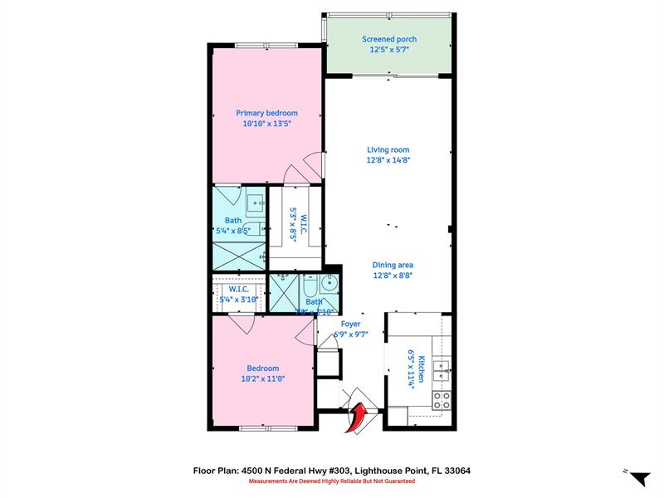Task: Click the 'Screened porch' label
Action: click(x=389, y=39)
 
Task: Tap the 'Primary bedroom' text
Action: click(x=266, y=113)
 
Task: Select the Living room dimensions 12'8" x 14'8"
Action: click(x=389, y=160)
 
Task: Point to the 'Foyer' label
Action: click(x=350, y=325)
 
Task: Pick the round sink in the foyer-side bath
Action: click(x=330, y=283)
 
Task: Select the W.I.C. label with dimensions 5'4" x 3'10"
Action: click(x=233, y=295)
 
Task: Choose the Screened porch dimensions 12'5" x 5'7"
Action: click(x=389, y=50)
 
